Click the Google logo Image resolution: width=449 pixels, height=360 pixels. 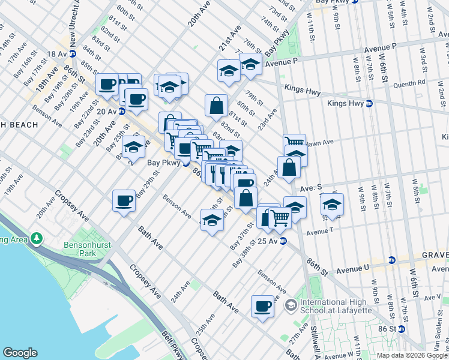(x=20, y=353)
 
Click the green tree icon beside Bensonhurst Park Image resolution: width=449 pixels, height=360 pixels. (x=37, y=239)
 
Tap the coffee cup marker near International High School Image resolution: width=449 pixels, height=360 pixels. (x=262, y=307)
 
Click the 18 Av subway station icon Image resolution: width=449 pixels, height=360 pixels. (x=73, y=54)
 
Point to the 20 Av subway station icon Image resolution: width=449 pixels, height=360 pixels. (x=122, y=111)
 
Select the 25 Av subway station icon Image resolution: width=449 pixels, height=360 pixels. (x=283, y=241)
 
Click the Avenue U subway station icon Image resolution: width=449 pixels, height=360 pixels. (x=392, y=260)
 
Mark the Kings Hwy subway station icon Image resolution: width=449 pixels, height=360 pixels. (x=369, y=103)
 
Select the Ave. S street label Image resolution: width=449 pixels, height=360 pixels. (x=316, y=187)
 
